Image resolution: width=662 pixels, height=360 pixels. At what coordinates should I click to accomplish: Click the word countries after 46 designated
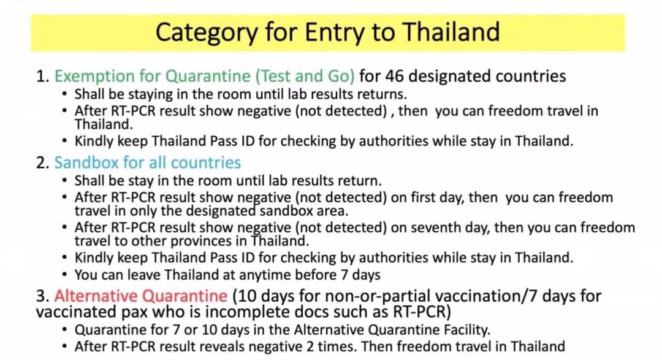(x=531, y=76)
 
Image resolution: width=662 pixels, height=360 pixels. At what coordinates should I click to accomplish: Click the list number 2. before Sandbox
(x=43, y=163)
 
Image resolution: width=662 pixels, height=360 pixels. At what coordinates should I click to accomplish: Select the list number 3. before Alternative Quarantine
(x=43, y=296)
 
